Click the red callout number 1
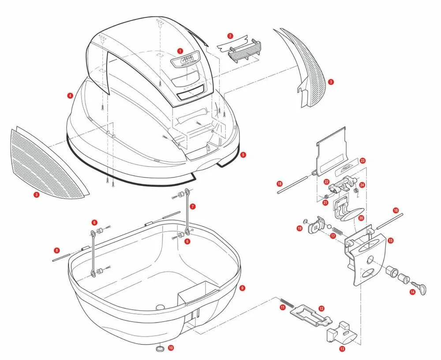coord(180,51)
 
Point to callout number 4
coord(70,95)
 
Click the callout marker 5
coord(243,155)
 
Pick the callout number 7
coord(193,206)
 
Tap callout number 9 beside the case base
coord(242,288)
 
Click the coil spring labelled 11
coord(286,304)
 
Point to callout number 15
coord(390,241)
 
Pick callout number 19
coord(299,228)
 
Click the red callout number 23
coord(363,161)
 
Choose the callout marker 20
coord(361,218)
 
